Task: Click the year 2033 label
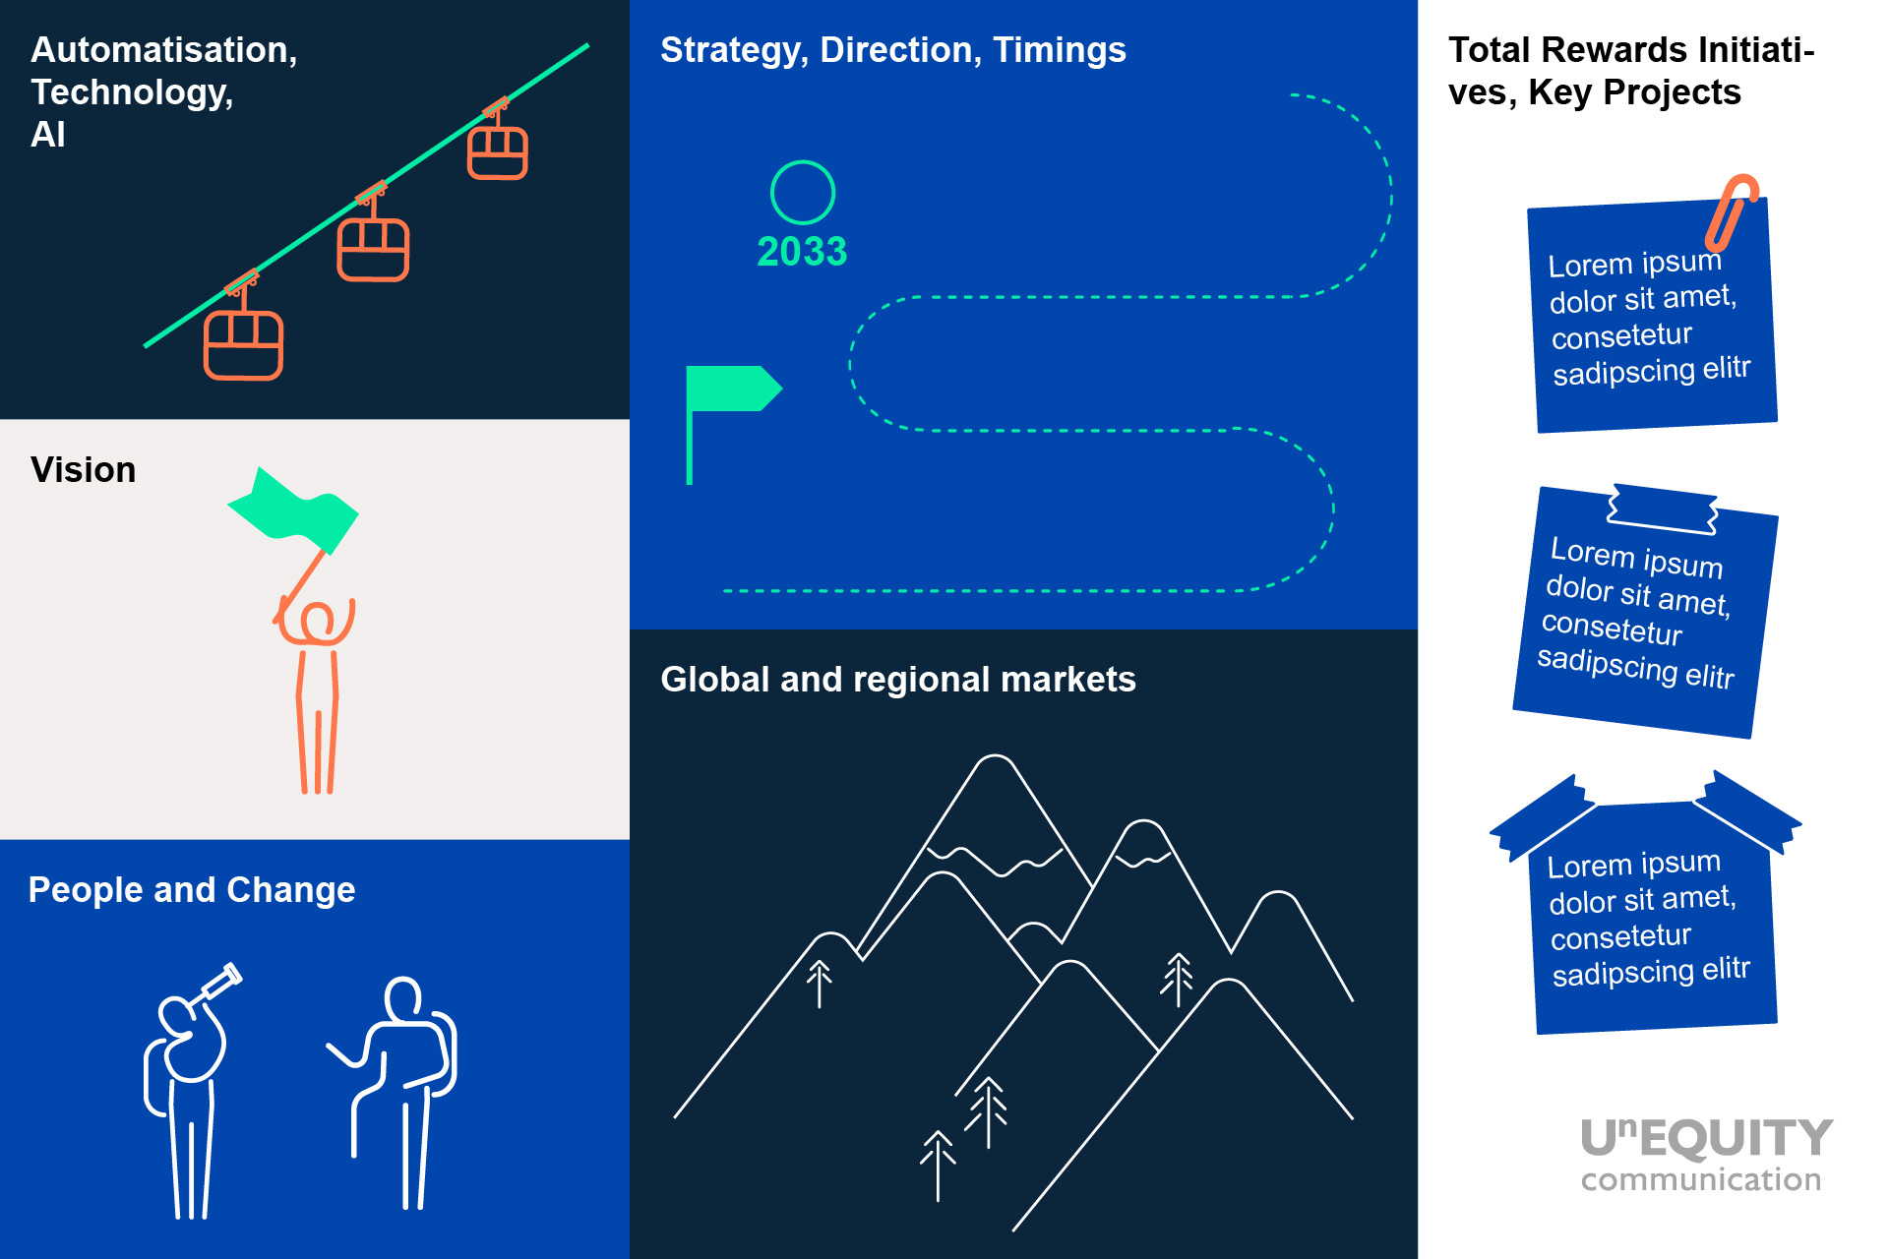click(x=802, y=252)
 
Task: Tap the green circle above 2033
click(x=803, y=162)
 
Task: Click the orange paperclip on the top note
click(x=1732, y=210)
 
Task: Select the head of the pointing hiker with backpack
click(x=403, y=998)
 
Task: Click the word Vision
click(x=84, y=470)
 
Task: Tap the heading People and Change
click(x=192, y=890)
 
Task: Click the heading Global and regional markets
click(x=898, y=680)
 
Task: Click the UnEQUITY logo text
click(x=1707, y=1138)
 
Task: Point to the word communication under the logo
click(x=1701, y=1179)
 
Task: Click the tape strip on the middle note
click(x=1663, y=509)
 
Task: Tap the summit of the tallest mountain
click(x=996, y=756)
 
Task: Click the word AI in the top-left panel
click(x=48, y=135)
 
